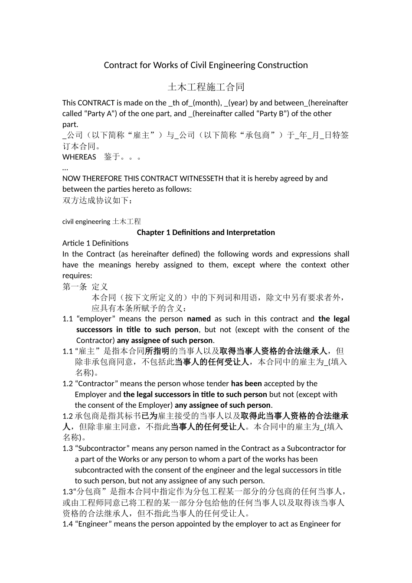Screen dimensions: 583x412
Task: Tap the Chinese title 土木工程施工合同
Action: point(206,87)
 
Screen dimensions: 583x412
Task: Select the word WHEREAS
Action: point(79,157)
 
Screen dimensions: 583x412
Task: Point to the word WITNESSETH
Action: point(201,178)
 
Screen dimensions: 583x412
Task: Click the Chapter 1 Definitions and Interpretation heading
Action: point(206,233)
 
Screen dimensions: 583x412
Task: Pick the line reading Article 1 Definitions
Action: point(95,243)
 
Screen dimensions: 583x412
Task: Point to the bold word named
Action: point(199,319)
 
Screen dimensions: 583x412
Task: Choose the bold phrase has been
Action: point(246,383)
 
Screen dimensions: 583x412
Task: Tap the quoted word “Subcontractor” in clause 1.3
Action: point(102,449)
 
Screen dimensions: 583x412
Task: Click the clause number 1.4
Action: point(68,524)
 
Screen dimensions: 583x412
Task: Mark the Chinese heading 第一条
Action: point(75,287)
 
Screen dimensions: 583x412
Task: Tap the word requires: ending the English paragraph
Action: point(77,276)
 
